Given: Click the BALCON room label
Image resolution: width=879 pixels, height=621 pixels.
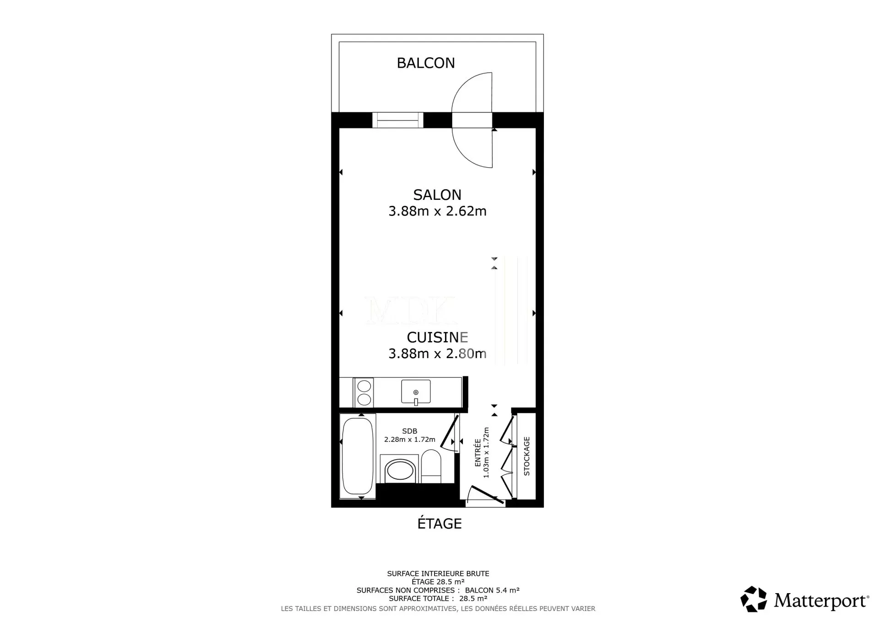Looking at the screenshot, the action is [426, 63].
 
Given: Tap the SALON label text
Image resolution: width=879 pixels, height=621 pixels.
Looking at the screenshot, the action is [437, 195].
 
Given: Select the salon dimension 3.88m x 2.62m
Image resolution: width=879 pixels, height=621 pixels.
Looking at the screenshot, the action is [437, 211].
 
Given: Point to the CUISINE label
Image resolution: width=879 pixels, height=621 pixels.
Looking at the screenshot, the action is [437, 337].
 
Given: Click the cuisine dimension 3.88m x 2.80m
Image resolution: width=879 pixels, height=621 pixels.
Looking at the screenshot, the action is [437, 353].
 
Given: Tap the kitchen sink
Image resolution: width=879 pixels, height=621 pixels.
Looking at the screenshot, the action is [416, 392].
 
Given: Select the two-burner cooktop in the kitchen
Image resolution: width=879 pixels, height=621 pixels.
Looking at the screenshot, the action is [364, 392].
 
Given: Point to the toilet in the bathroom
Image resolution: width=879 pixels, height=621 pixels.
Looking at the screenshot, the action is [431, 466].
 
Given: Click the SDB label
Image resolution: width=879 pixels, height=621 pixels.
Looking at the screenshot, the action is [410, 431].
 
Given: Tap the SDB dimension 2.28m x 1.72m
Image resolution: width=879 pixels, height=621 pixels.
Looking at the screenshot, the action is [410, 439].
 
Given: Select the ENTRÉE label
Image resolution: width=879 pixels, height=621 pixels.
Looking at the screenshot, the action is [478, 453].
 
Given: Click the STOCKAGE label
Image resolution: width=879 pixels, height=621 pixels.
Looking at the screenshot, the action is [526, 456].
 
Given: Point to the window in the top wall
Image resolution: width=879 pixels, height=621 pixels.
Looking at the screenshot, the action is [398, 120].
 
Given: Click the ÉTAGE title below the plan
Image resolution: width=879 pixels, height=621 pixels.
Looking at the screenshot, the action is [439, 524].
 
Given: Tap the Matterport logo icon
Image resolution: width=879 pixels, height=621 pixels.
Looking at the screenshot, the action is [754, 599].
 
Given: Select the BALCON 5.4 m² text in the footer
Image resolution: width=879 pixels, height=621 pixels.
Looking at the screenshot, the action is [492, 590].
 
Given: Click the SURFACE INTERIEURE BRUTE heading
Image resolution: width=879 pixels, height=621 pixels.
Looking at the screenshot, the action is [438, 574].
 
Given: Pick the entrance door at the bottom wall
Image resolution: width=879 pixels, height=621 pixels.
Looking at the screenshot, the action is [486, 497].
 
